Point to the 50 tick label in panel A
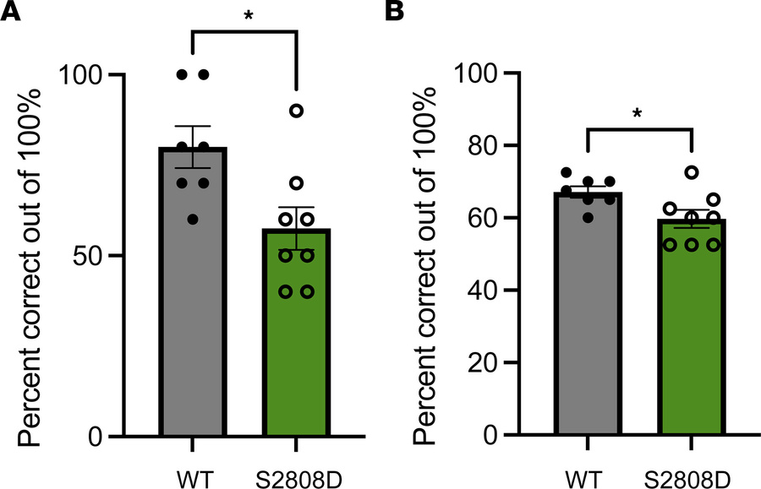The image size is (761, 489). click(82, 255)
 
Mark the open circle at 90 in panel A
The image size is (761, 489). click(297, 111)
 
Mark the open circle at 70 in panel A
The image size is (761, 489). click(297, 183)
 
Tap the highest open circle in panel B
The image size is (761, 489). click(692, 172)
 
